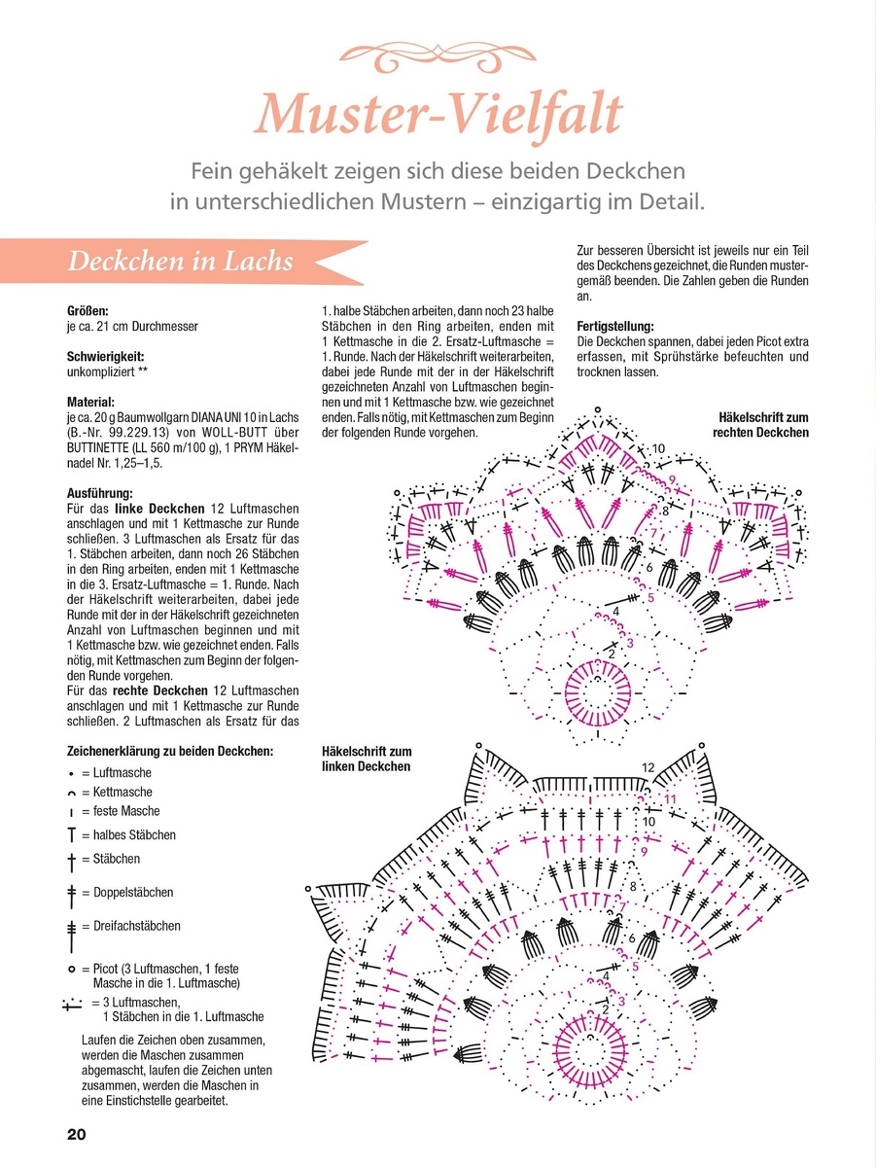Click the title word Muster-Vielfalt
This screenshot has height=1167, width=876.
tap(438, 114)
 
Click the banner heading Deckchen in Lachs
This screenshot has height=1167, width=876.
tap(180, 263)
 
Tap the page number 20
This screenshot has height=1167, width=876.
tap(77, 1135)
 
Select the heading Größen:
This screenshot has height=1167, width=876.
tap(88, 312)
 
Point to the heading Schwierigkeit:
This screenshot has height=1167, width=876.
tap(103, 357)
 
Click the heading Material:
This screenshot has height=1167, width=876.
tap(91, 401)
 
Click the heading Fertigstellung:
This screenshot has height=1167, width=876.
tap(614, 327)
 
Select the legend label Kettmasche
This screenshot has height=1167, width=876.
tap(123, 793)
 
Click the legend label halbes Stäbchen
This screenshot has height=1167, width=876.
tap(134, 835)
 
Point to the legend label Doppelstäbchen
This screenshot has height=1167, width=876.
tap(134, 893)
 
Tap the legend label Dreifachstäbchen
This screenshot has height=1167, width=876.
tap(137, 926)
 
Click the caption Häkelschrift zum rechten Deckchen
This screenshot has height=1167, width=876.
tap(760, 425)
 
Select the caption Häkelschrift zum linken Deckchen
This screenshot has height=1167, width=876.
tap(367, 759)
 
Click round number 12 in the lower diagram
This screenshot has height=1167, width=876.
tap(648, 768)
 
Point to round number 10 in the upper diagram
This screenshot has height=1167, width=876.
tap(658, 448)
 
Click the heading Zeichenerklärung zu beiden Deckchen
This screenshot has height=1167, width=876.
tap(170, 751)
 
